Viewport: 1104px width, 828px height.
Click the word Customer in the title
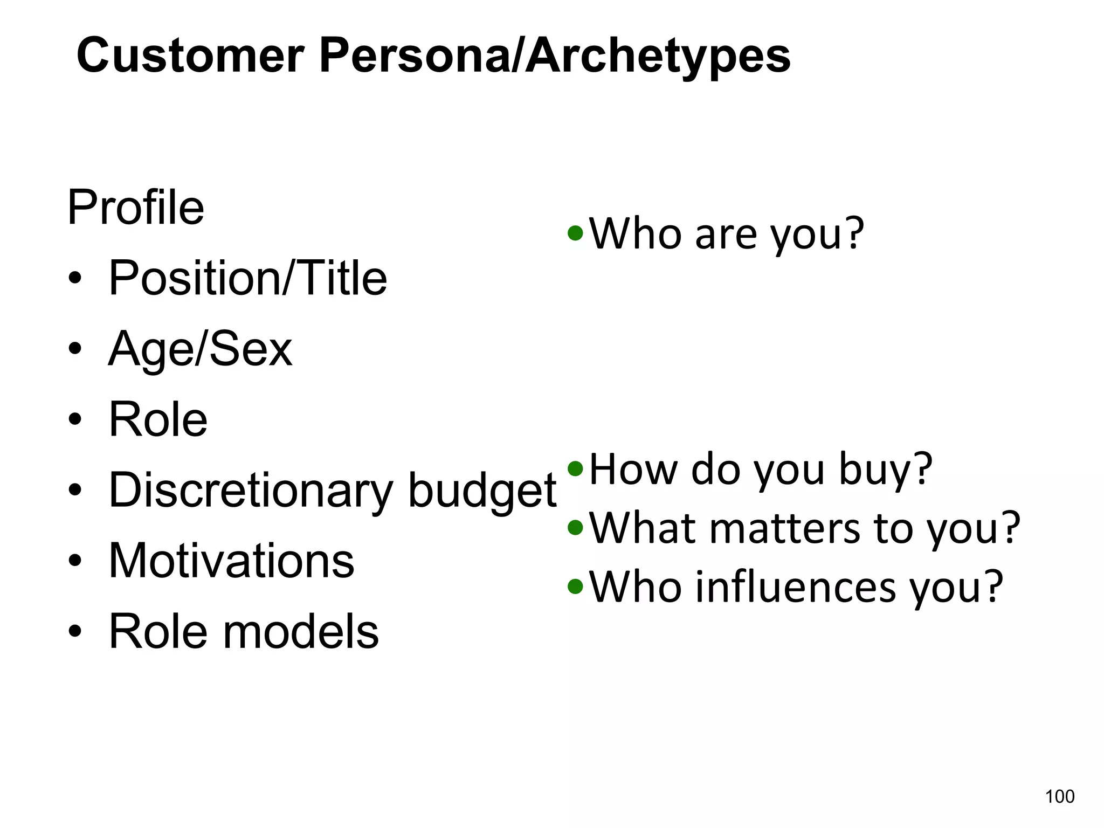pyautogui.click(x=190, y=56)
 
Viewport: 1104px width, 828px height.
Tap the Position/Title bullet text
pyautogui.click(x=247, y=278)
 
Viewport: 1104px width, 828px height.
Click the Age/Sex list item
pyautogui.click(x=200, y=349)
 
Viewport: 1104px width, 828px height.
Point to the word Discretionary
pyautogui.click(x=251, y=490)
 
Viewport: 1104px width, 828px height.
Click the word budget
pyautogui.click(x=482, y=490)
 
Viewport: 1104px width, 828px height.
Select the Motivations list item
pyautogui.click(x=231, y=561)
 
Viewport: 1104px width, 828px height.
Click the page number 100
pyautogui.click(x=1059, y=796)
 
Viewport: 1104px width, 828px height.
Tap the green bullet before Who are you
pyautogui.click(x=576, y=234)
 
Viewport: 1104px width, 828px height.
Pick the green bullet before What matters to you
pyautogui.click(x=576, y=528)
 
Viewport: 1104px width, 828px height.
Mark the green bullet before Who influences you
pyautogui.click(x=576, y=586)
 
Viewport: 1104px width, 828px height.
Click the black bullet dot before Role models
pyautogui.click(x=75, y=631)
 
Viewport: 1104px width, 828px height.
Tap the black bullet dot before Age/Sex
pyautogui.click(x=75, y=349)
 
